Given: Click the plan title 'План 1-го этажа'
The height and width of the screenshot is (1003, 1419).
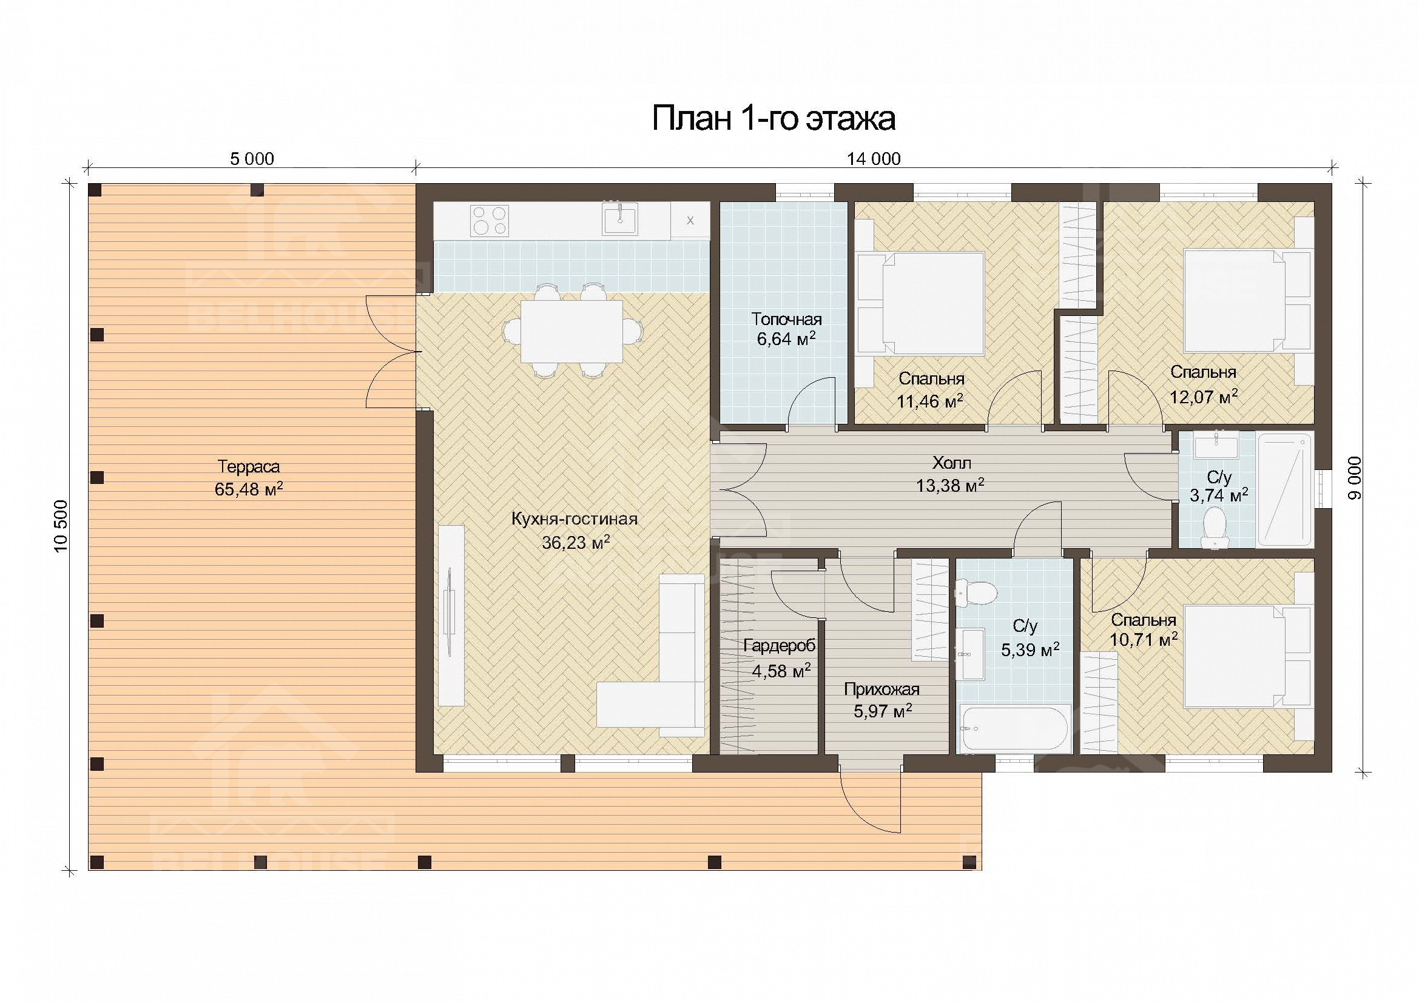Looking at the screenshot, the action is pos(774,119).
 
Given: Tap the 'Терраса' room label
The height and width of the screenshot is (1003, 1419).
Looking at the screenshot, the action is pos(249,467).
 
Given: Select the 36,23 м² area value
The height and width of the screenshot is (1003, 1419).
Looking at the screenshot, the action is pos(576,542).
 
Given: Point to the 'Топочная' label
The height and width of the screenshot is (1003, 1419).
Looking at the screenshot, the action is pos(786,320).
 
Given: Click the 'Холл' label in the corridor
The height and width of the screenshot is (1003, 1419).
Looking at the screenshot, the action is pos(952,463).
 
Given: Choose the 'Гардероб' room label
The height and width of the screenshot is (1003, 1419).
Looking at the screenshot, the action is pos(780,646).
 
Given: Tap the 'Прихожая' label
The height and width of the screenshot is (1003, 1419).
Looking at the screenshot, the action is pos(882,689).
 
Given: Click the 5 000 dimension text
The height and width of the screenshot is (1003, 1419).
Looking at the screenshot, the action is pos(252,159).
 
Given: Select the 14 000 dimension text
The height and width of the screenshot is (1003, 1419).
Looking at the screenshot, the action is pos(873,159).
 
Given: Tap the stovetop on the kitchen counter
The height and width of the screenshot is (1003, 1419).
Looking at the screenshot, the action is pos(490,221).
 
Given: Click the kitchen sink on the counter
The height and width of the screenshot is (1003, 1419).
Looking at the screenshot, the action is pos(620,220).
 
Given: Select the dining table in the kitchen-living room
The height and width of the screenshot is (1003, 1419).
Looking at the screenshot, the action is pos(571,331).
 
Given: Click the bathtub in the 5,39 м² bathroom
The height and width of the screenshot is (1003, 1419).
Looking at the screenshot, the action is pos(1014,730).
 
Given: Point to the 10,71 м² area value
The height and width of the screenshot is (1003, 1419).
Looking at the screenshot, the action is pos(1144,639).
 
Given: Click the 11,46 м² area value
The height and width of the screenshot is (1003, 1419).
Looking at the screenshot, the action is pos(930,401).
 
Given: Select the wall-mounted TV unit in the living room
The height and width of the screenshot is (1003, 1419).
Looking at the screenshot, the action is pos(451,615).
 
